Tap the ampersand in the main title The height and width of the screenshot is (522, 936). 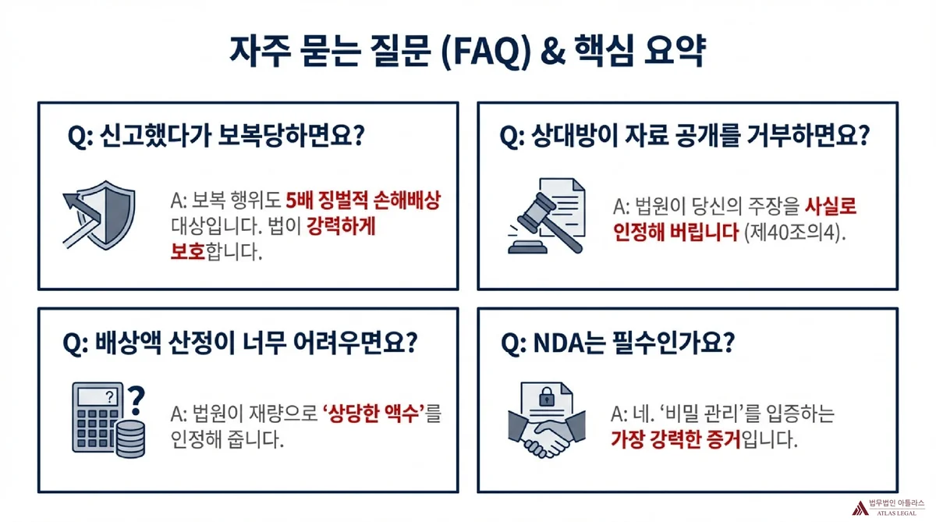553,51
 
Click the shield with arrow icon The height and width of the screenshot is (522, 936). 100,215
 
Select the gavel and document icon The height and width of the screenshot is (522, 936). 547,215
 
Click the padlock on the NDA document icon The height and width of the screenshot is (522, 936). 547,396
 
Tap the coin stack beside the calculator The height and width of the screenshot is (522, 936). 131,439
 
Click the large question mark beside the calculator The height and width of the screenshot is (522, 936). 136,400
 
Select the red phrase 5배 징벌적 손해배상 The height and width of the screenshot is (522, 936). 363,201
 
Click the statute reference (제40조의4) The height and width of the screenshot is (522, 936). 795,233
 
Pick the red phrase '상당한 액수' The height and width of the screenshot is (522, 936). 372,414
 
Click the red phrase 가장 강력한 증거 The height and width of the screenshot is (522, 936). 675,439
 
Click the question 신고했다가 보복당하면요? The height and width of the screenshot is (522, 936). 232,137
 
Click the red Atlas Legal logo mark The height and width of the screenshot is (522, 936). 860,508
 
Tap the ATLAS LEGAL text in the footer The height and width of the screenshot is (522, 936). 896,513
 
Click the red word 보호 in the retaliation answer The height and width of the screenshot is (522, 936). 188,252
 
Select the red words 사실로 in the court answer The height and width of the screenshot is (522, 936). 831,207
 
